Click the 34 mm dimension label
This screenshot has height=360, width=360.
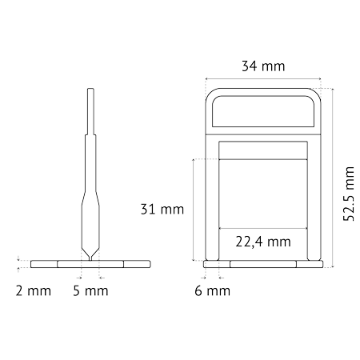[x=263, y=66]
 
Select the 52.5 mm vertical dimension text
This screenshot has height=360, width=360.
[x=349, y=194]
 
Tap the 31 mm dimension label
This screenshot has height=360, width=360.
[x=162, y=210]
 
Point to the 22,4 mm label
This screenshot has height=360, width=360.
[x=263, y=242]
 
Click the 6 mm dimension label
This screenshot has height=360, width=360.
[x=213, y=290]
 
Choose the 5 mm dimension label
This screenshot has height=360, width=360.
[x=90, y=290]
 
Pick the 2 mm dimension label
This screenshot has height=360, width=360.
[x=34, y=290]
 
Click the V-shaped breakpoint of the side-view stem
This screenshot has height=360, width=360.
[x=90, y=254]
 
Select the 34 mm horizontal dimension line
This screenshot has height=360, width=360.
[x=263, y=78]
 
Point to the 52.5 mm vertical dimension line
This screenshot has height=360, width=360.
[x=333, y=178]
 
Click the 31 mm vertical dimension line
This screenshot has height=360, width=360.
[x=194, y=210]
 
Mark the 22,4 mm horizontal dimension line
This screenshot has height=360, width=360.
[x=263, y=228]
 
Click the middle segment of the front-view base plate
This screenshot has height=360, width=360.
[x=263, y=264]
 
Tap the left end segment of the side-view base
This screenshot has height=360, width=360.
[x=44, y=264]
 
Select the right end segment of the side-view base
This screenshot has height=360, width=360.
[x=137, y=264]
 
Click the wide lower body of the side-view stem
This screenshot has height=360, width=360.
[x=90, y=226]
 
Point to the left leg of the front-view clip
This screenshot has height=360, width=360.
[x=212, y=198]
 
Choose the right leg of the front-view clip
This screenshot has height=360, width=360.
[x=314, y=198]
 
